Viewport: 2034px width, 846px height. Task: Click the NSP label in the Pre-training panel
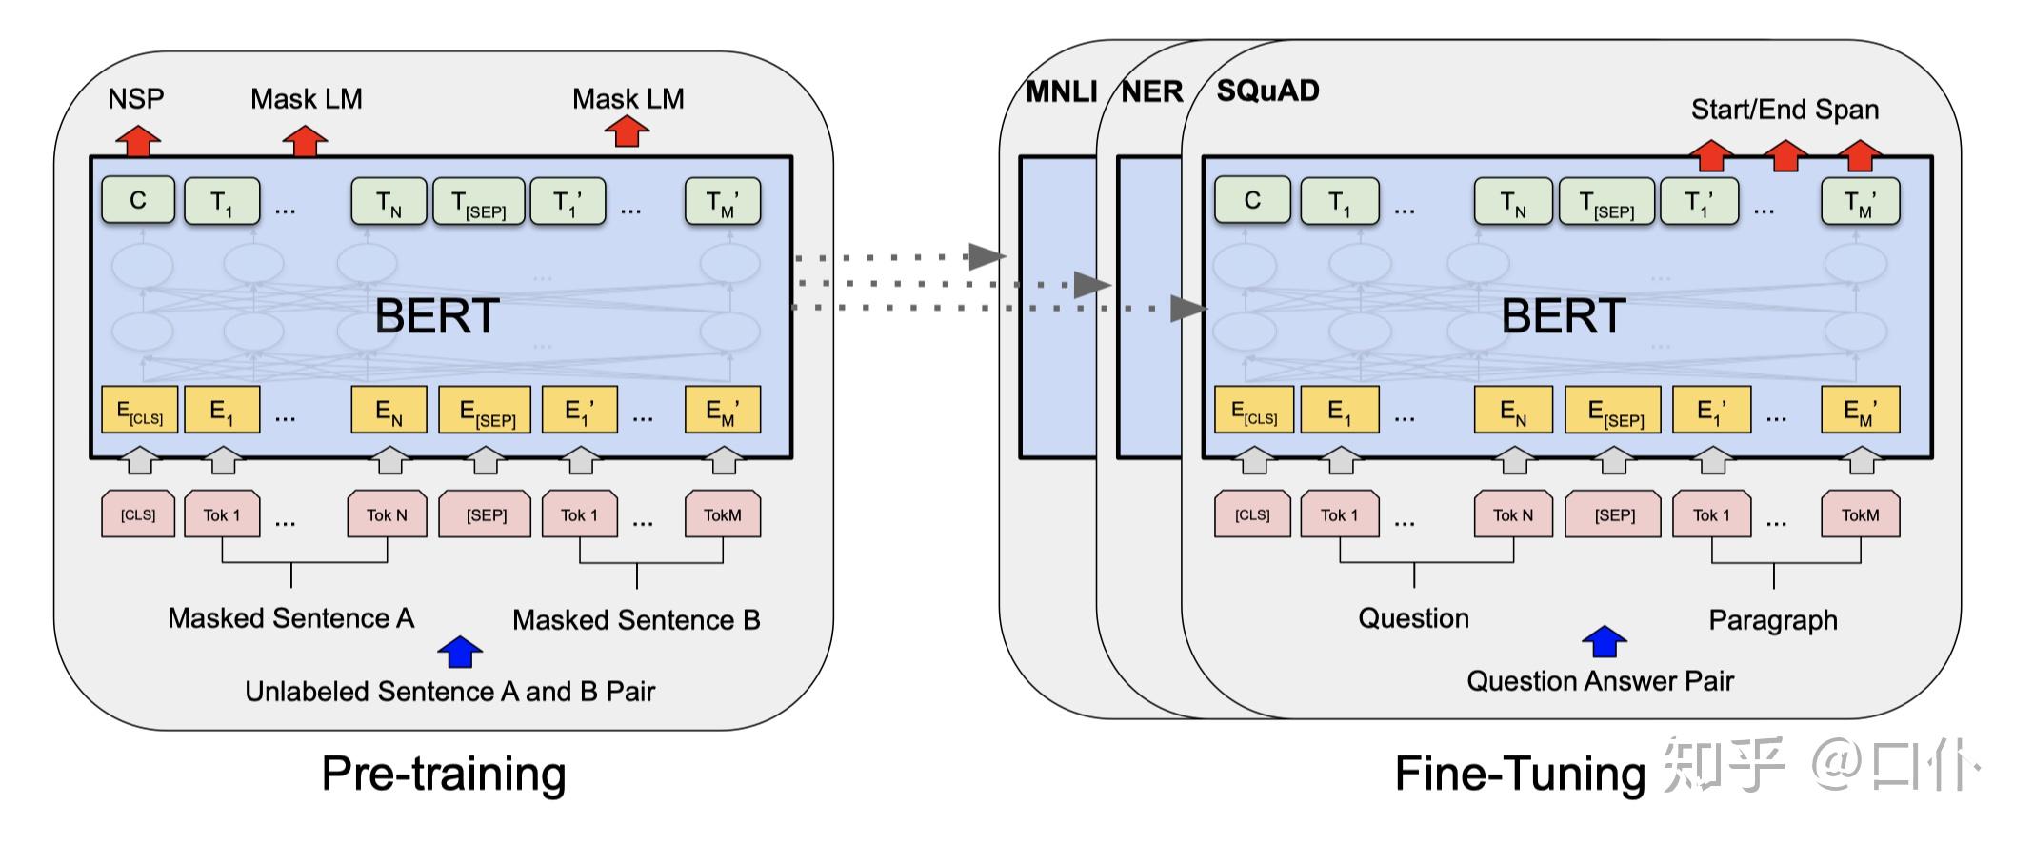coord(136,98)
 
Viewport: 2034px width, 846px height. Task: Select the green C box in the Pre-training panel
coord(138,200)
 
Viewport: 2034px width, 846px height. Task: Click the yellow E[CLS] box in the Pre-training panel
coord(139,411)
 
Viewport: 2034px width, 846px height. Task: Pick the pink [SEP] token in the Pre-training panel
coord(486,514)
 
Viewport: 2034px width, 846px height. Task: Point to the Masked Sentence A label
coord(290,618)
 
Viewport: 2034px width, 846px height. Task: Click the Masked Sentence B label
coord(636,620)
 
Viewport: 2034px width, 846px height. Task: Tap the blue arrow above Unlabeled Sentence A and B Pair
coord(460,652)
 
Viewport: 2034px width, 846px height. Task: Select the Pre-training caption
coord(444,774)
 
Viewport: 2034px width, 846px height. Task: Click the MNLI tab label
coord(1061,91)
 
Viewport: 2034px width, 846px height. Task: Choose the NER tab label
coord(1151,91)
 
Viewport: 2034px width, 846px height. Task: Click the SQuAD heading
coord(1268,91)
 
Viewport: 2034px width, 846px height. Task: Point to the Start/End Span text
coord(1785,110)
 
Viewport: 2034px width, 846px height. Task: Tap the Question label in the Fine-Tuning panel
coord(1413,618)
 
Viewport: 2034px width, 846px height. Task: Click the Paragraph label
coord(1773,620)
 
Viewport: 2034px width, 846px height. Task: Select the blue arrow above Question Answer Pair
coord(1605,642)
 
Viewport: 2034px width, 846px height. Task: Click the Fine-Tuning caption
coord(1520,774)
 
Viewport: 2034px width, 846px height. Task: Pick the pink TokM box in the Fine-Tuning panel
coord(1860,514)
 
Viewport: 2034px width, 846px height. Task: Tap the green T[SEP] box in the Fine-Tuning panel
coord(1606,202)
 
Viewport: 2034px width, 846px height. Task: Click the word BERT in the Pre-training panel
coord(437,315)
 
